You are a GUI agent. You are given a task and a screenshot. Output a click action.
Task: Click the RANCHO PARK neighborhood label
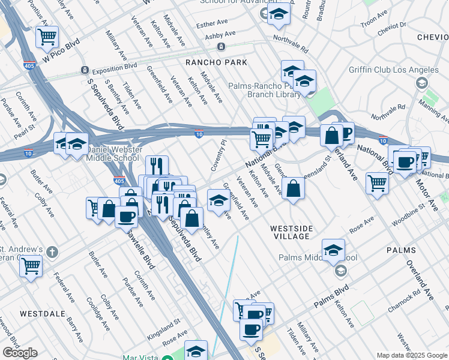pos(208,62)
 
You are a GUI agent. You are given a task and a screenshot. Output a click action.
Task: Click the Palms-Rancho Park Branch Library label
pos(264,90)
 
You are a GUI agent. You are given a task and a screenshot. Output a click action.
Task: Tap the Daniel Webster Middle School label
pos(116,153)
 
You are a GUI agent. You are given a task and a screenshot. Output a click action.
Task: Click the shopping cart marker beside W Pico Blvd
pos(46,37)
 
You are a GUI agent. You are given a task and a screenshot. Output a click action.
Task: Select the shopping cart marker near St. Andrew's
pos(31,265)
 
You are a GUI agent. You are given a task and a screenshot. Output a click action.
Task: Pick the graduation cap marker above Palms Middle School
pos(333,249)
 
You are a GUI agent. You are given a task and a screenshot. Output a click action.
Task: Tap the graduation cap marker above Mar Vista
pos(196,350)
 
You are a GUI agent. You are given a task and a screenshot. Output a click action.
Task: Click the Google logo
pos(20,353)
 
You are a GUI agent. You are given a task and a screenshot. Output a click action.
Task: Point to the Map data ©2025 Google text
pos(411,355)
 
